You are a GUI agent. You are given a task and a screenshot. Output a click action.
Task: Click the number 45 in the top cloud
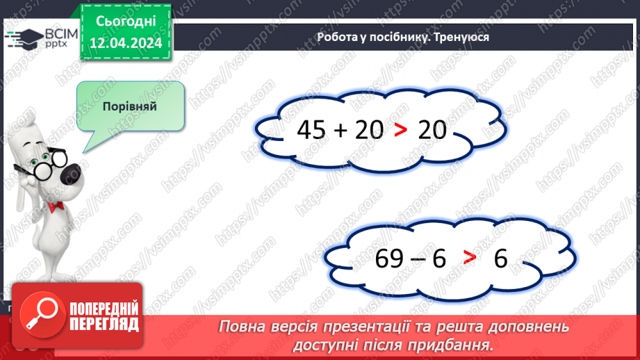point(311,129)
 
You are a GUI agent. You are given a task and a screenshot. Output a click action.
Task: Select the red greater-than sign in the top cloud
point(400,130)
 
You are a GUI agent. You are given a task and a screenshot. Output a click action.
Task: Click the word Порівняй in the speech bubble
point(129,107)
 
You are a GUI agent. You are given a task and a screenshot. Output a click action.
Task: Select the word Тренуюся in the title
point(461,38)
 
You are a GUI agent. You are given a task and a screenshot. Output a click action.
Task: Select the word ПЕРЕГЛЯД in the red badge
point(104,325)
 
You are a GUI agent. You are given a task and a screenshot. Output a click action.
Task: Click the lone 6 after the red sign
point(501,259)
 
